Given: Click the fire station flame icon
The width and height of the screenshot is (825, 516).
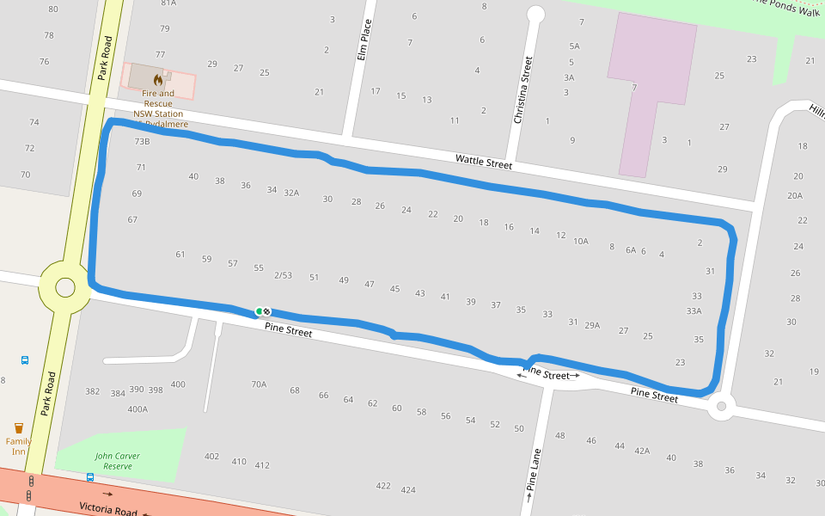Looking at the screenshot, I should pyautogui.click(x=158, y=80).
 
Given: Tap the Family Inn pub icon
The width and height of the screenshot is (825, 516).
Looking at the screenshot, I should pyautogui.click(x=19, y=427).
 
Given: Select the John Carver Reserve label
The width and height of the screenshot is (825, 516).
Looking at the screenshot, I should pyautogui.click(x=118, y=461).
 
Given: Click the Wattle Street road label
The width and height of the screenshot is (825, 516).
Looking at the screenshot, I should pyautogui.click(x=483, y=161).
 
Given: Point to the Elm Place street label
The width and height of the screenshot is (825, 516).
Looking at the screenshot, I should pyautogui.click(x=364, y=40).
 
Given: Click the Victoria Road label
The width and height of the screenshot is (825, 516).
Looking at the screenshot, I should pyautogui.click(x=108, y=509).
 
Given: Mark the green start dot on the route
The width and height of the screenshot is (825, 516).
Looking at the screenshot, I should pyautogui.click(x=259, y=311).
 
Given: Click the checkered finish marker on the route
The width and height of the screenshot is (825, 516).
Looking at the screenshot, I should pyautogui.click(x=267, y=311).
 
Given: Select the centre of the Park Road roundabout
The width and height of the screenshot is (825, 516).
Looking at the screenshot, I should pyautogui.click(x=65, y=287).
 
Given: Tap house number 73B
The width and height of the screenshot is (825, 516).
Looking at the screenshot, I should pyautogui.click(x=142, y=142).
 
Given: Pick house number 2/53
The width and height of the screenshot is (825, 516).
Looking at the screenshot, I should pyautogui.click(x=283, y=276).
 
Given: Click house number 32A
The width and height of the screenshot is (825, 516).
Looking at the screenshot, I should pyautogui.click(x=291, y=193).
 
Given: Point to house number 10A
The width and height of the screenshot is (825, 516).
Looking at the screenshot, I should pyautogui.click(x=581, y=242).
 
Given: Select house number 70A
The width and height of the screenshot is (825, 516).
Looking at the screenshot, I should pyautogui.click(x=259, y=384).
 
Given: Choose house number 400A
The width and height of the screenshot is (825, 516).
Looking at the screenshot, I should pyautogui.click(x=137, y=409).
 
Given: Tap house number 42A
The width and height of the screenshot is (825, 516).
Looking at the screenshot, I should pyautogui.click(x=641, y=451).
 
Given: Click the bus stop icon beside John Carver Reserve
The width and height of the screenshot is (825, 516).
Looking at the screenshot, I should pyautogui.click(x=90, y=476).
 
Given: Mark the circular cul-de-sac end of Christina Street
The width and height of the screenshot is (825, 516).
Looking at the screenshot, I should pyautogui.click(x=535, y=14).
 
